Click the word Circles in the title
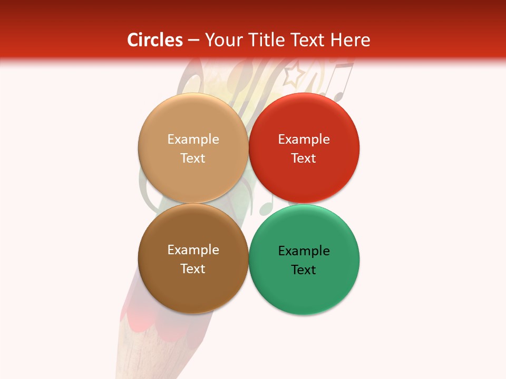(155, 40)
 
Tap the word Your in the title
(223, 40)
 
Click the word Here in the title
(351, 40)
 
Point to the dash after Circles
(193, 41)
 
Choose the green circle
(304, 292)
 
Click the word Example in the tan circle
(193, 139)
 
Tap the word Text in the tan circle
(193, 158)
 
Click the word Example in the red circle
(304, 139)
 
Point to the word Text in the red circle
(304, 158)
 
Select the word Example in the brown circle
(193, 250)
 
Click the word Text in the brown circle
(193, 268)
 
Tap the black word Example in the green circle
(304, 251)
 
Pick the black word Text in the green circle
(304, 270)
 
